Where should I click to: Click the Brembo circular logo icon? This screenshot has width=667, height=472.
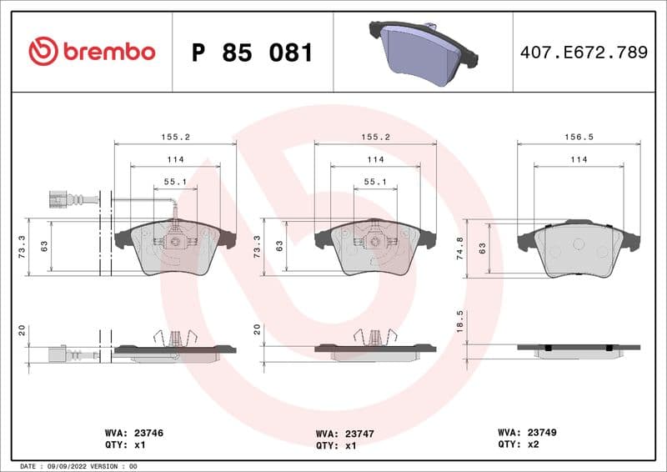point(43,52)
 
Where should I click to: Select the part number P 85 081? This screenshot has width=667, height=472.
point(252,53)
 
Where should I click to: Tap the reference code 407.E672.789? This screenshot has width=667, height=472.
point(583,53)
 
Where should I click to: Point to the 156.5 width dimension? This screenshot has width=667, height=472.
point(579,138)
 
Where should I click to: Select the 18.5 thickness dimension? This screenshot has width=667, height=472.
point(459,321)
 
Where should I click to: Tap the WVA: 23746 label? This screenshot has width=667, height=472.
point(133,433)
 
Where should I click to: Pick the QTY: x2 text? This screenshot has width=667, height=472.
point(519,445)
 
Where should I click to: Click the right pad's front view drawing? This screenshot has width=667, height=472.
point(579,249)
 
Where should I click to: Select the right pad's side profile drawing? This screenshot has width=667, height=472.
point(579,349)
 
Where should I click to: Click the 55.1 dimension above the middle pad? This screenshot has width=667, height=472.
point(375,181)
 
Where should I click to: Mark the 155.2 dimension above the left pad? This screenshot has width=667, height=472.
point(174,138)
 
